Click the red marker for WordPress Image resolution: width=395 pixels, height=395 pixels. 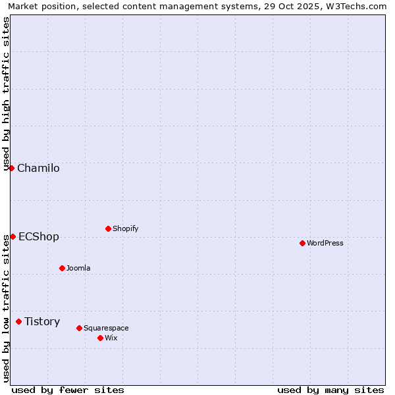(x=302, y=243)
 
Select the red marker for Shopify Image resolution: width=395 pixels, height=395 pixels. (x=108, y=228)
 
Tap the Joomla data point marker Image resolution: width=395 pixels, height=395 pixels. (x=62, y=268)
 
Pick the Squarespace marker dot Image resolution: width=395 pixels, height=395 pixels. (x=79, y=328)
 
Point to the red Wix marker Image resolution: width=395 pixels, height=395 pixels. (x=100, y=338)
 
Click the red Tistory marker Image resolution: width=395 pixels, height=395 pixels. (x=18, y=321)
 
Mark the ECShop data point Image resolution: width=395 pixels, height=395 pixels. (x=13, y=236)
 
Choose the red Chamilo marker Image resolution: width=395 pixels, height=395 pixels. (x=11, y=168)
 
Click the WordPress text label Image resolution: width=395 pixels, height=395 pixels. (x=325, y=244)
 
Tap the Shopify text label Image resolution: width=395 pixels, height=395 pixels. (x=126, y=229)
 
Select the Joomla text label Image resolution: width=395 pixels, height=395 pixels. (x=78, y=269)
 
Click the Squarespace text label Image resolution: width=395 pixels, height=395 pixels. (x=106, y=329)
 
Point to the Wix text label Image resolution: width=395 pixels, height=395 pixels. (x=111, y=338)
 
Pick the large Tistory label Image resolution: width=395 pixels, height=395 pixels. (x=42, y=322)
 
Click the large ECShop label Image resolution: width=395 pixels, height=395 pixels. (x=39, y=237)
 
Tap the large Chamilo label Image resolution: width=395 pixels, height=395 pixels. (x=38, y=169)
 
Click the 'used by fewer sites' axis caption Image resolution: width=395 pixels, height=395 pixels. (x=68, y=390)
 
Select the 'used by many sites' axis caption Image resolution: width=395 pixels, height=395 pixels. (x=330, y=390)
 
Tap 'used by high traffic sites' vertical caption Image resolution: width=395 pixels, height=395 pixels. (x=7, y=93)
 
